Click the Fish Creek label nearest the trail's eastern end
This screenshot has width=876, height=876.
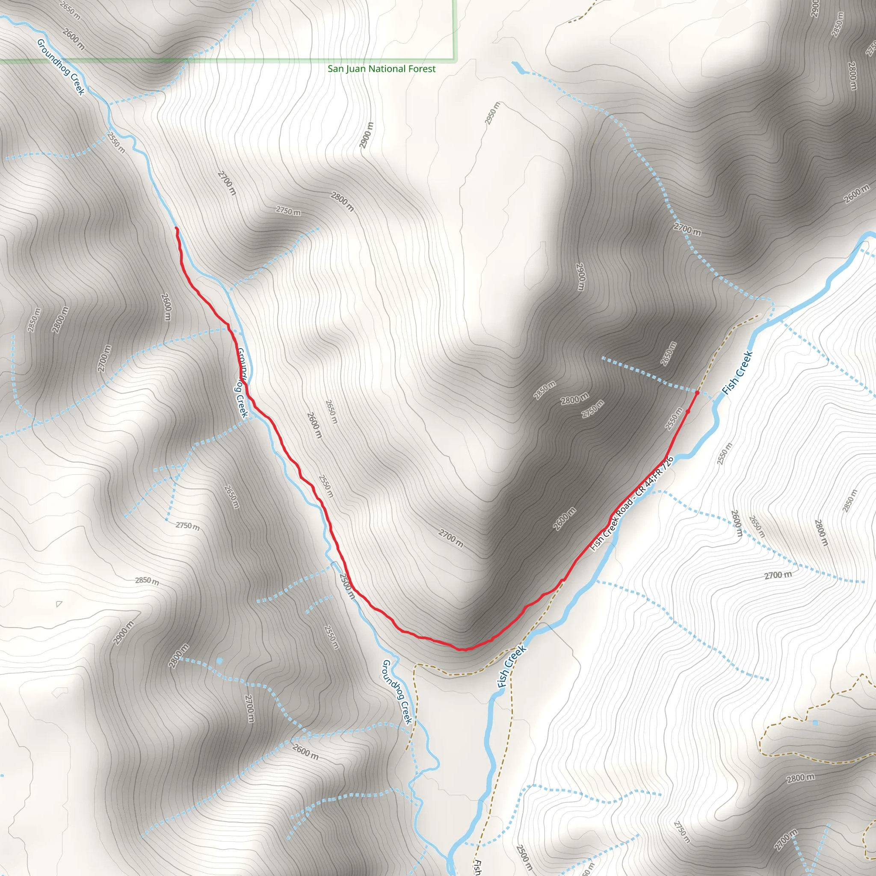tap(737, 373)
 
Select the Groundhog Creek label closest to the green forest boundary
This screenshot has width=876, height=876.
tap(61, 67)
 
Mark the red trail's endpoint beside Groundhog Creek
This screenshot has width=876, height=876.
tap(176, 228)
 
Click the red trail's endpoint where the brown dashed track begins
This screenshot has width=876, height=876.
tap(697, 392)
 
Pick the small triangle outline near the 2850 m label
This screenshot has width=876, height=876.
tap(59, 604)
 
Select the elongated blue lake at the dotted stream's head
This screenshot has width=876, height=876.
tap(518, 68)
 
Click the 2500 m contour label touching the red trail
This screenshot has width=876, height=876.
tap(347, 586)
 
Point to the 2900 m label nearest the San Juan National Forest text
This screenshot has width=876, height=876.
tap(367, 135)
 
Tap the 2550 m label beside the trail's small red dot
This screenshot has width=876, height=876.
tap(674, 418)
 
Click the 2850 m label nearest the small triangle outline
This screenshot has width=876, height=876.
tap(147, 581)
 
